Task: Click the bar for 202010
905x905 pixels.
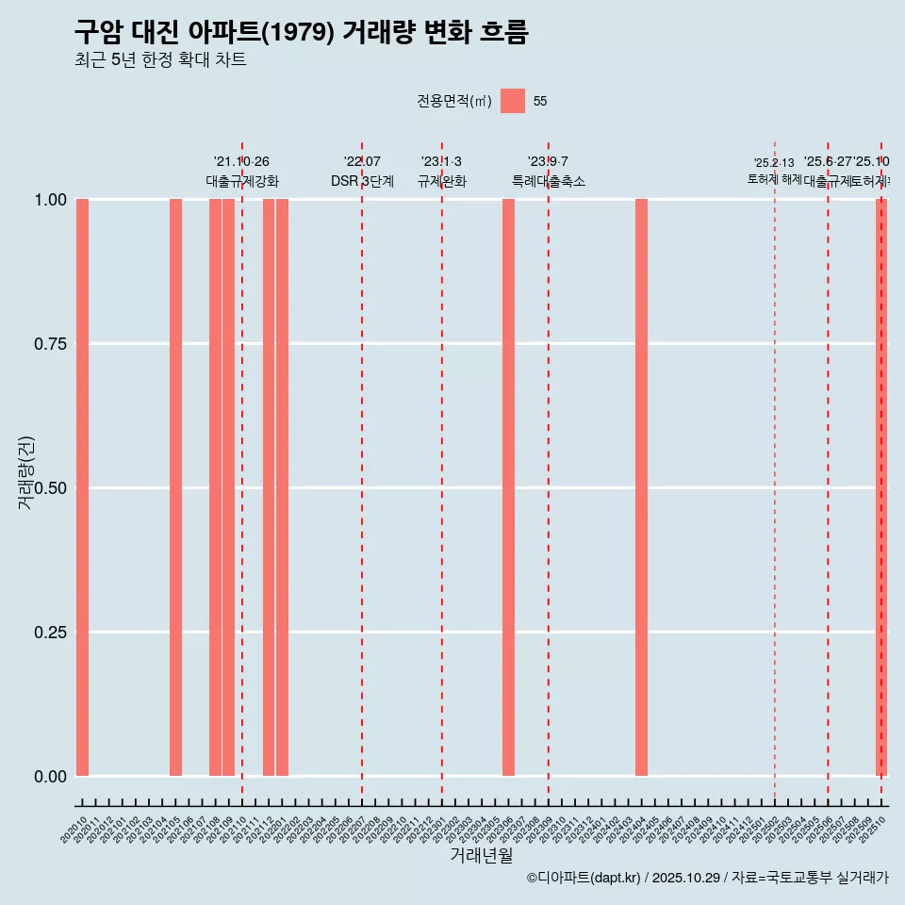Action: pyautogui.click(x=82, y=487)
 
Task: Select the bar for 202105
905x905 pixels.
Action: pyautogui.click(x=175, y=487)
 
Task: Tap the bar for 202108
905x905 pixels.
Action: pyautogui.click(x=215, y=487)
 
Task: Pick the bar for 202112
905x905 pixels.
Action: pyautogui.click(x=269, y=487)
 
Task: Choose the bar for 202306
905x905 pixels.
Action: pyautogui.click(x=508, y=487)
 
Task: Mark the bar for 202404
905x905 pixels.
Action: pyautogui.click(x=641, y=487)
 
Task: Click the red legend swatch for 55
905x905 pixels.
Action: pyautogui.click(x=513, y=101)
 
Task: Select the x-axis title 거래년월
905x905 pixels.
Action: pyautogui.click(x=481, y=856)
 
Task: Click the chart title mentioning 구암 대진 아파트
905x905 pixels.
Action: pyautogui.click(x=301, y=32)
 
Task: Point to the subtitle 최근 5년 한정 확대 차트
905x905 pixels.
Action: pyautogui.click(x=160, y=60)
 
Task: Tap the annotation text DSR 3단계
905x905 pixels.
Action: pyautogui.click(x=362, y=181)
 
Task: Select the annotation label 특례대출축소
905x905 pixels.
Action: pyautogui.click(x=549, y=181)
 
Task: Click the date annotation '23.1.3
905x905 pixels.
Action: pyautogui.click(x=441, y=162)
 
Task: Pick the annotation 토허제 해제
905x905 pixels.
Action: pyautogui.click(x=774, y=179)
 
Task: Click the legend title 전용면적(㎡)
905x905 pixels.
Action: pyautogui.click(x=454, y=102)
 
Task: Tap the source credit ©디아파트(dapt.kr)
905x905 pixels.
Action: pyautogui.click(x=584, y=878)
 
